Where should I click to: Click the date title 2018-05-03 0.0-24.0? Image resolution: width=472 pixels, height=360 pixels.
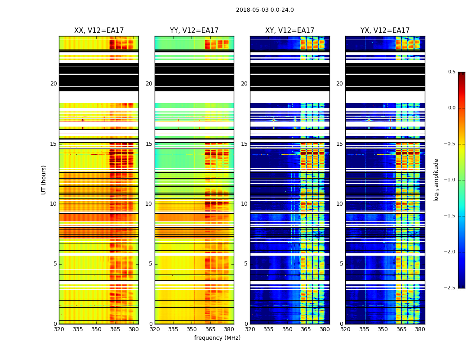point(265,10)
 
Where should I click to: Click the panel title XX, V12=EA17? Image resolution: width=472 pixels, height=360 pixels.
point(99,31)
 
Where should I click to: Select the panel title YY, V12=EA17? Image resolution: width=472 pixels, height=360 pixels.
point(194,31)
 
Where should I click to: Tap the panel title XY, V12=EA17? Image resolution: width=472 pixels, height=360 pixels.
point(289,31)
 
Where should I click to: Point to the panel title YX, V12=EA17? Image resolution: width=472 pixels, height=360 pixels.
point(385,31)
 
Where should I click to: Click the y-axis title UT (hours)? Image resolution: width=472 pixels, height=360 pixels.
point(44,180)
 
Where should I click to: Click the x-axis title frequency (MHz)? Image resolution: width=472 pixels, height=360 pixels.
point(217,338)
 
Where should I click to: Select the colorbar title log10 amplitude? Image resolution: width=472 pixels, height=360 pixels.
point(436,180)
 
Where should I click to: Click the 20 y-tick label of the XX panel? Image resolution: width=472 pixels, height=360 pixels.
point(53,84)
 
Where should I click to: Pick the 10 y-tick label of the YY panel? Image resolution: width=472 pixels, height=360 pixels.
point(149,204)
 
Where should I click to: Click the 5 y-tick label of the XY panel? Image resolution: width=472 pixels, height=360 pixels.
point(246,264)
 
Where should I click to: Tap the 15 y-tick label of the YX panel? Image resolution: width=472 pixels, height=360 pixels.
point(339,144)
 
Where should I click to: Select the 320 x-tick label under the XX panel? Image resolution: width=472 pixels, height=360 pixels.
point(59,329)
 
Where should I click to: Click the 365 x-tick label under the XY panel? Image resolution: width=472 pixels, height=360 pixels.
point(306,329)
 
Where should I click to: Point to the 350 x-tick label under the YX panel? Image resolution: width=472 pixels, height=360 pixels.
point(383,329)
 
